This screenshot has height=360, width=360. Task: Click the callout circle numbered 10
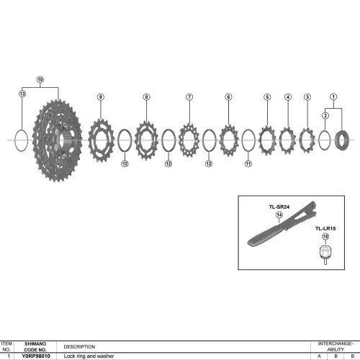tap(40, 79)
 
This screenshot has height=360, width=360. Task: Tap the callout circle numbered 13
tap(22, 94)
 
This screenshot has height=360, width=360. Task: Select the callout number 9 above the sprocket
tap(101, 97)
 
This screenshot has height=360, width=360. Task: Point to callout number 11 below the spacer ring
tap(248, 163)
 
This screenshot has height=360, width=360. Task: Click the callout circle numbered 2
tap(325, 116)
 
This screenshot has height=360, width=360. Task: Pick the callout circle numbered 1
tap(333, 96)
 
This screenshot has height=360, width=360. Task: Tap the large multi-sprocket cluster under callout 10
tap(57, 140)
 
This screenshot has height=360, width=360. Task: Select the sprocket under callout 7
tap(189, 140)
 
